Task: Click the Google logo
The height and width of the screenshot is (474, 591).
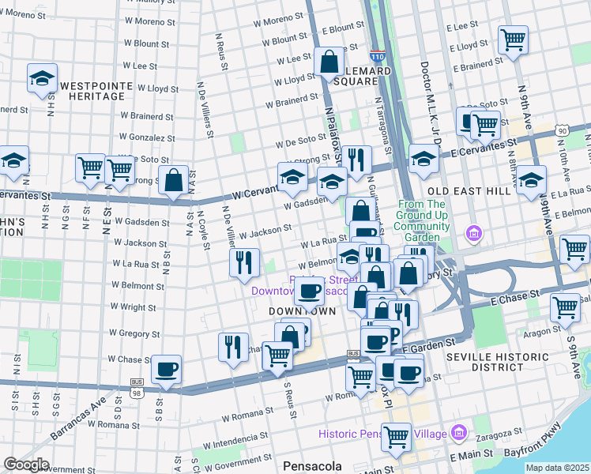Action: (26, 465)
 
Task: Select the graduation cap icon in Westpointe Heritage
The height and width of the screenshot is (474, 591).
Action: (42, 77)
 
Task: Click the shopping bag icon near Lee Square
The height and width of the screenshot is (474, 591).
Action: (328, 62)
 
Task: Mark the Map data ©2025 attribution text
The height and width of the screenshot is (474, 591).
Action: (557, 468)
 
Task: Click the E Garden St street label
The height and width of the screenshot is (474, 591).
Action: (430, 344)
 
